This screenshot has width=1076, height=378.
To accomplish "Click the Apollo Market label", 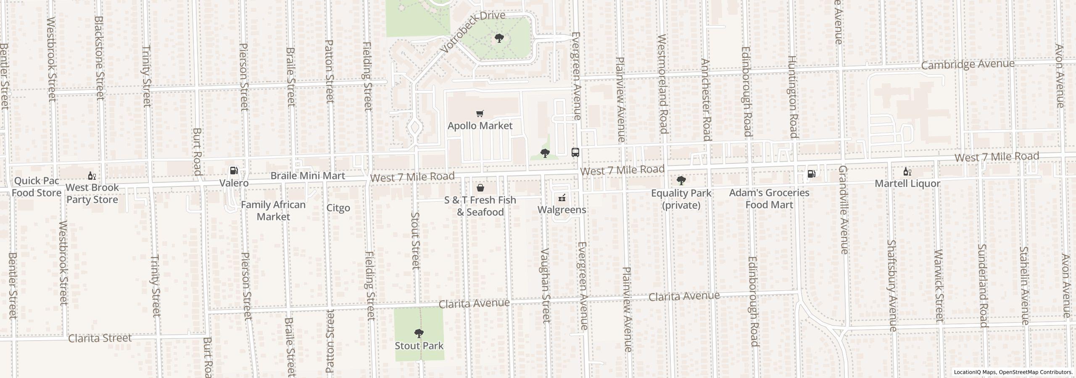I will [x=480, y=126].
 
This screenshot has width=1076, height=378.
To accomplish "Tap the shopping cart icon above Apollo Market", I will [x=480, y=113].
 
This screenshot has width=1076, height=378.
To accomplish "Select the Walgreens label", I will [x=562, y=210].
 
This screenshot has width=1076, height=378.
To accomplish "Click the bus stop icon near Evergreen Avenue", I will [x=575, y=152].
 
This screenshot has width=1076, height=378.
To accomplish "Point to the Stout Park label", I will [x=419, y=346].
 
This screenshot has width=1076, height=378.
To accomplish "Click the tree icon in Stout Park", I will [x=419, y=334].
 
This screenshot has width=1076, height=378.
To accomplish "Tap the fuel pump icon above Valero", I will [x=234, y=171].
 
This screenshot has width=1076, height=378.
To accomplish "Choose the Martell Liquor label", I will [x=907, y=184].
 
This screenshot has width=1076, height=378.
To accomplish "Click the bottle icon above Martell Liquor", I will [x=907, y=171].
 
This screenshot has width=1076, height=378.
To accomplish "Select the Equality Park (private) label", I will [x=681, y=199].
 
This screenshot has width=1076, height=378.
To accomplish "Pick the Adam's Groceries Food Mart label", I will [x=769, y=199].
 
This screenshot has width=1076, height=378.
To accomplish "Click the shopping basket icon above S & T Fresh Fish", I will [x=480, y=188].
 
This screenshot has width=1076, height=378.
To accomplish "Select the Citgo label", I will [x=338, y=208].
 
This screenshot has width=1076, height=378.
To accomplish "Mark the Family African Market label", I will [x=273, y=210].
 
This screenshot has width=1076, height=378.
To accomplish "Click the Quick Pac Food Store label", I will [x=36, y=187].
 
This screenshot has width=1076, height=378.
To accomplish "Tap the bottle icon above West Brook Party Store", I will [x=92, y=176].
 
